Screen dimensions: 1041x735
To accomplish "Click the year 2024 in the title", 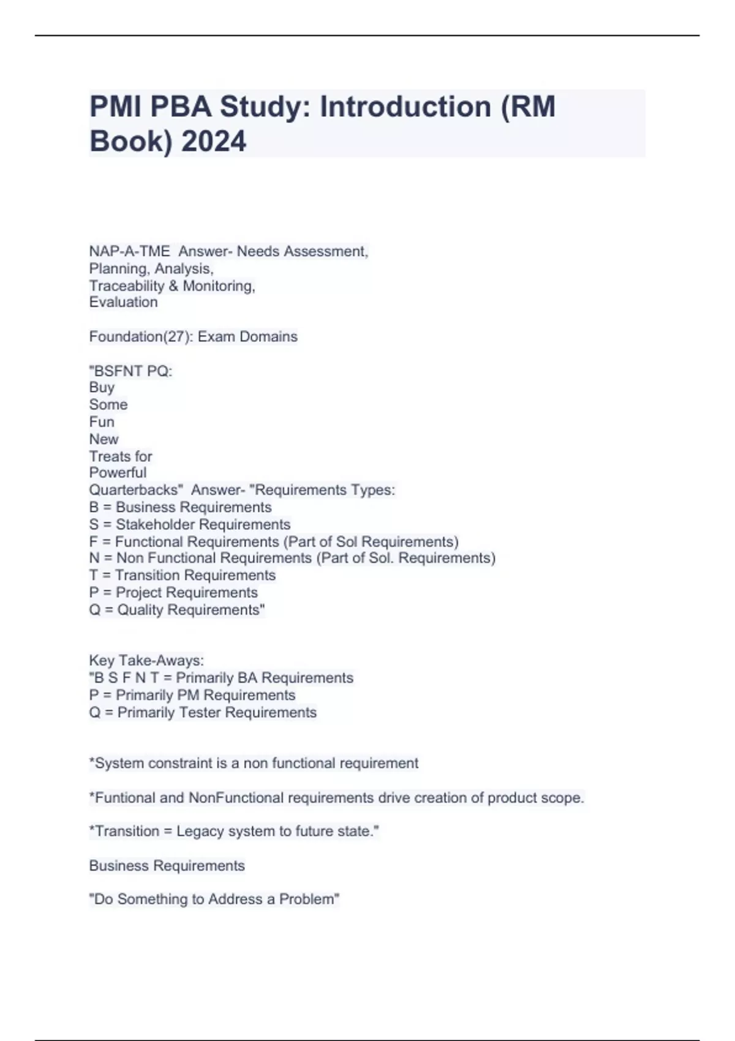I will click(214, 141).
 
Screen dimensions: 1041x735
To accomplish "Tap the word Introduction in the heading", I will click(405, 107).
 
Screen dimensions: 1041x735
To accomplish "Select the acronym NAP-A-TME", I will click(129, 251).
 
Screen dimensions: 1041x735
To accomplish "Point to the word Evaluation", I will click(123, 302).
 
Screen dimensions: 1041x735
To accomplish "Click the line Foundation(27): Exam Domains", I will click(193, 337).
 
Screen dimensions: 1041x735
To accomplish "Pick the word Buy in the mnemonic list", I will click(102, 388).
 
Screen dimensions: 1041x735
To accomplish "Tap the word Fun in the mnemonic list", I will click(102, 422).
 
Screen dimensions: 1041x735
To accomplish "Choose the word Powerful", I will click(118, 473).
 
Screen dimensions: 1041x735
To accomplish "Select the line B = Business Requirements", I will click(180, 507).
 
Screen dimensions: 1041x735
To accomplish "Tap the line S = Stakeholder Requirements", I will click(189, 525).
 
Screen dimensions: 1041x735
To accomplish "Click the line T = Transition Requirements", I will click(182, 576).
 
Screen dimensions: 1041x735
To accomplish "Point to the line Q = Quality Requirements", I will click(176, 610).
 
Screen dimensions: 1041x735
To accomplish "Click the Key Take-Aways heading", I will click(146, 661).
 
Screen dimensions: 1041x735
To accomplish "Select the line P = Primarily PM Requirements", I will click(192, 696).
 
